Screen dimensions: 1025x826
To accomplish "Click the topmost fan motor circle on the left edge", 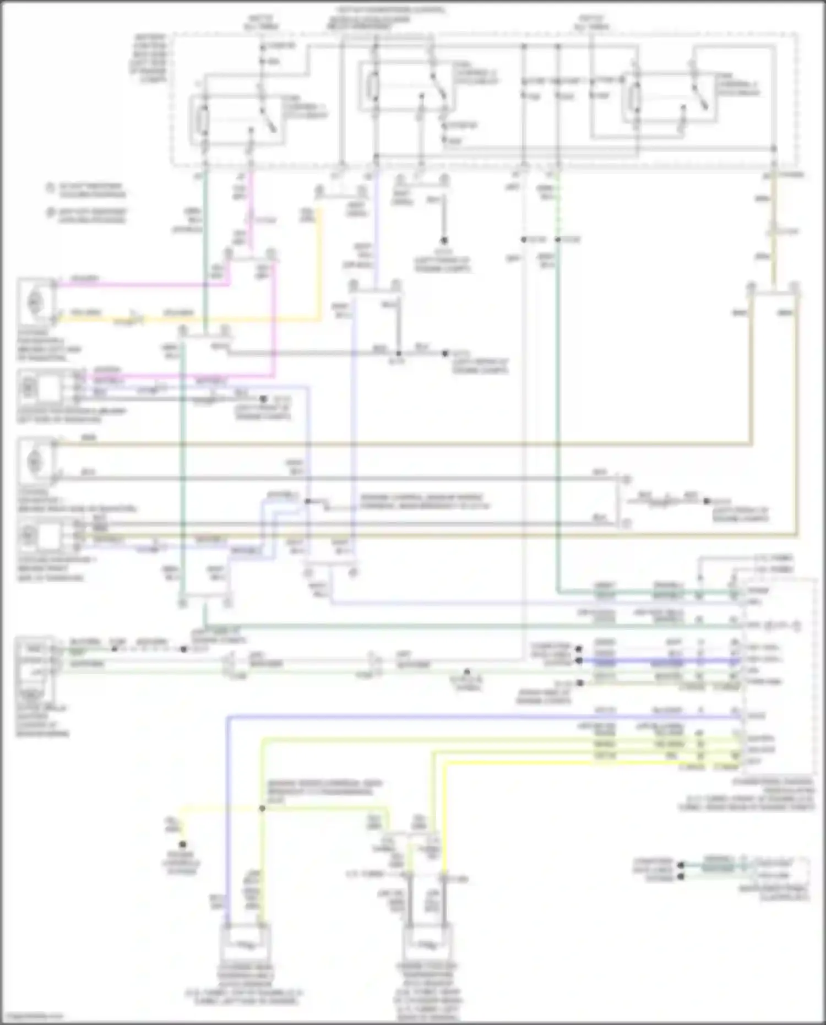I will [34, 301].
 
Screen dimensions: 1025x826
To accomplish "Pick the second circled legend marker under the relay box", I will [50, 213].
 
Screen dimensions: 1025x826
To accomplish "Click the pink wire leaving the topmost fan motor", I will [138, 285].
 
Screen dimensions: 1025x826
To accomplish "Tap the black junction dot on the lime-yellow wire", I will [262, 809].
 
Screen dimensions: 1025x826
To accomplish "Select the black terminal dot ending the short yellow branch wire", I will [182, 844].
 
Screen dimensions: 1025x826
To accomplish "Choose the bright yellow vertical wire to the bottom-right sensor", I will [444, 826].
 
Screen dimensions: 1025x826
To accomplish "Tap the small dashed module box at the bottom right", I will [776, 870].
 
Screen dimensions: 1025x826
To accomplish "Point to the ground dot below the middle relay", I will [443, 241].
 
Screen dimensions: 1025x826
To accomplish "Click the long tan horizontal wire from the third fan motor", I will [385, 443].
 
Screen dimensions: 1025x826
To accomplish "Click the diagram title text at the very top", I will [391, 10].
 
